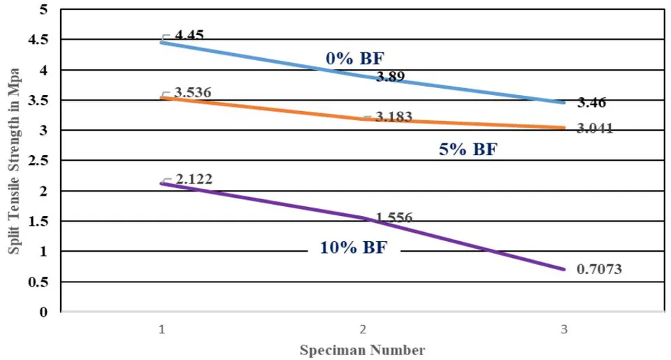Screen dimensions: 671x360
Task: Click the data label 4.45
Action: click(x=189, y=34)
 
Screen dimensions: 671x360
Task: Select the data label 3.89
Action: click(x=390, y=77)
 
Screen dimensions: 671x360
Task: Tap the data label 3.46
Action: click(x=591, y=103)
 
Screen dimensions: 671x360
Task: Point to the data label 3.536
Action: click(x=193, y=92)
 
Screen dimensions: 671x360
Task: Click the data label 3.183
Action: click(x=394, y=117)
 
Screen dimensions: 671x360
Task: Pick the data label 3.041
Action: click(x=595, y=128)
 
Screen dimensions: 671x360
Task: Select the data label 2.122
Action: click(x=194, y=179)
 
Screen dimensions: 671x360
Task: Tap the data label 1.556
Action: click(x=394, y=218)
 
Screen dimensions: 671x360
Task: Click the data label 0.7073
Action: click(x=599, y=269)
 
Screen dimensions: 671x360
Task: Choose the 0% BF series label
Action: click(x=355, y=58)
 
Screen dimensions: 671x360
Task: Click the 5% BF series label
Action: click(x=468, y=150)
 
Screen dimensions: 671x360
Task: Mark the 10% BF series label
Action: click(x=354, y=247)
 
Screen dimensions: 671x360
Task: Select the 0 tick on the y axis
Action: click(x=43, y=312)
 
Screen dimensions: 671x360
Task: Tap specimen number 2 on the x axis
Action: click(x=363, y=329)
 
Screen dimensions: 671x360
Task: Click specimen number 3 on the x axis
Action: click(x=564, y=329)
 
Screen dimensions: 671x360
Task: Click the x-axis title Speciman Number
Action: click(x=363, y=350)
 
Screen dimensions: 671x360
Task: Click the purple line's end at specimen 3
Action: click(x=564, y=269)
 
